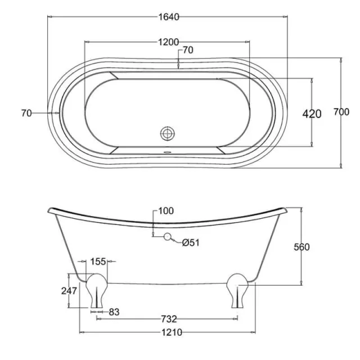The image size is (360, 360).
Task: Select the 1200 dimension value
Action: (168, 42)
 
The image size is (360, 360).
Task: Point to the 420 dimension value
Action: (312, 114)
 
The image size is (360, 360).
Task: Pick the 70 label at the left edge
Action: (26, 113)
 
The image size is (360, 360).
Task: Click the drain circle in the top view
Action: (168, 133)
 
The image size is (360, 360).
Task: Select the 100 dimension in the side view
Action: (166, 211)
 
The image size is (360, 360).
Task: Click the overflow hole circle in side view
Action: (167, 237)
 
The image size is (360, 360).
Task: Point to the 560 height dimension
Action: (302, 247)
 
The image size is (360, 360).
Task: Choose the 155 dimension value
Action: (98, 261)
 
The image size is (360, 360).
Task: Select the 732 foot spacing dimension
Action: (167, 319)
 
